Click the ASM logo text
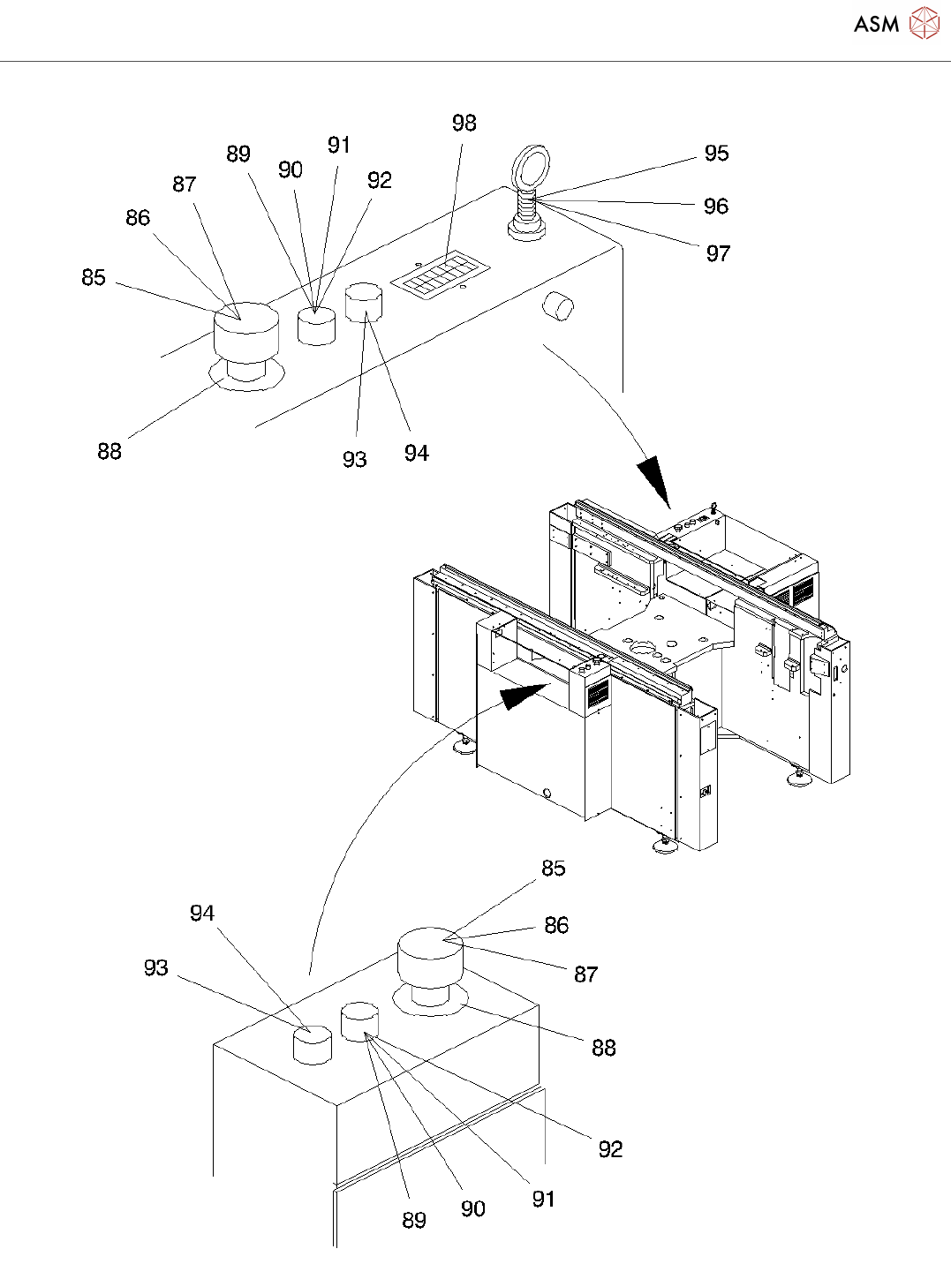[x=876, y=24]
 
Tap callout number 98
[x=464, y=123]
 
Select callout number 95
[x=716, y=153]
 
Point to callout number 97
[x=718, y=253]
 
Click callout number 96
[x=715, y=206]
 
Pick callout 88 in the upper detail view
[x=109, y=452]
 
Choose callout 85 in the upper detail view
[x=94, y=277]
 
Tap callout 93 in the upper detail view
[x=354, y=459]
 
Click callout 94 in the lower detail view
[x=202, y=913]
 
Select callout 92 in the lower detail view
[x=610, y=1149]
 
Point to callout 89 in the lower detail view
[x=414, y=1220]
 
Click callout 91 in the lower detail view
[x=543, y=1200]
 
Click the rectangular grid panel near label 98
[x=441, y=275]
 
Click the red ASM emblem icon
[x=924, y=23]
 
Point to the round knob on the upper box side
[x=558, y=305]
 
